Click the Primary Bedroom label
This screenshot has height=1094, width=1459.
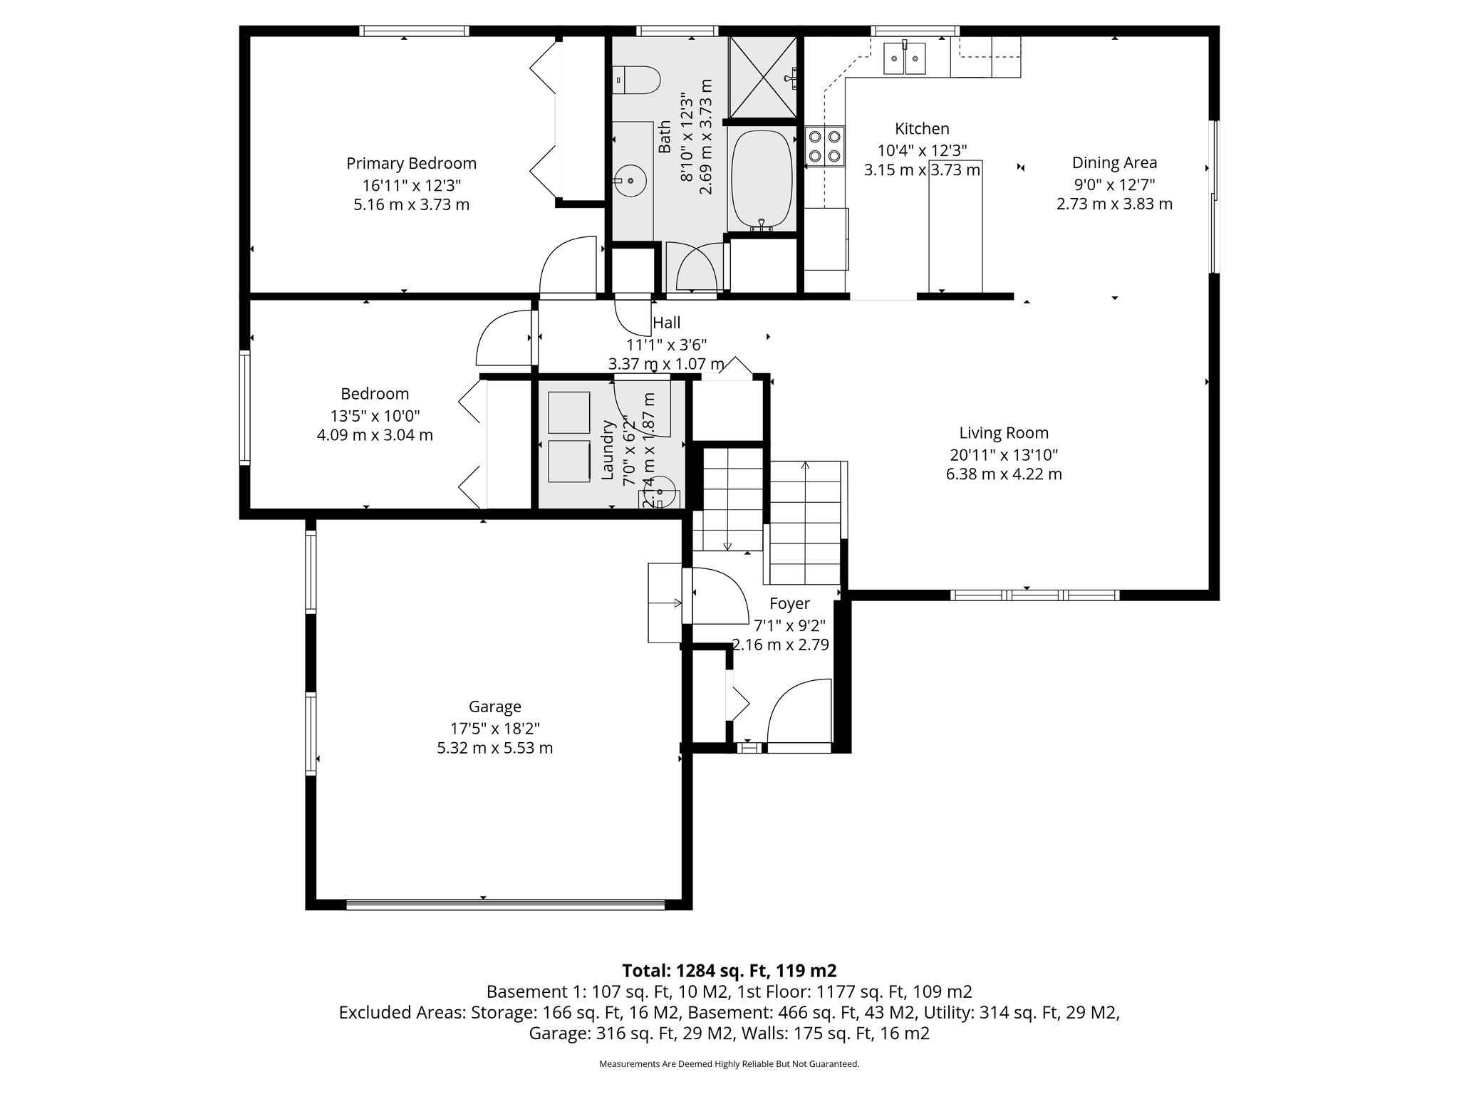coord(411,163)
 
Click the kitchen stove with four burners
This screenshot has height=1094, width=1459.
coord(825,146)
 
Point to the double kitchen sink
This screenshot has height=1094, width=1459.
coord(904,58)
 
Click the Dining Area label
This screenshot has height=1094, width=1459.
coord(1114,162)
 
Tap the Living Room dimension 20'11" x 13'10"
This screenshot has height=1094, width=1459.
coord(1003,454)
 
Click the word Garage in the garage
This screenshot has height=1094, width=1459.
coord(494,707)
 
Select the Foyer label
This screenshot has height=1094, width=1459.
coord(789,604)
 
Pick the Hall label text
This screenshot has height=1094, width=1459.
coord(666,323)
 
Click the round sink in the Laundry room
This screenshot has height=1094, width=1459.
coord(660,491)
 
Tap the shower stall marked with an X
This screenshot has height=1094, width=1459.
coord(762,76)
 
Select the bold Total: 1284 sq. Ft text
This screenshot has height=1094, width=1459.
coord(729,971)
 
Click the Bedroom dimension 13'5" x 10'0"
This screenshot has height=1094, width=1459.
coord(375,415)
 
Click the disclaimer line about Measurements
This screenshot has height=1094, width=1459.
coord(729,1064)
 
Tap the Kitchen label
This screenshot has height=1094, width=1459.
coord(922,129)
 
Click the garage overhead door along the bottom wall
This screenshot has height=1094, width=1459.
coord(505,905)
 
